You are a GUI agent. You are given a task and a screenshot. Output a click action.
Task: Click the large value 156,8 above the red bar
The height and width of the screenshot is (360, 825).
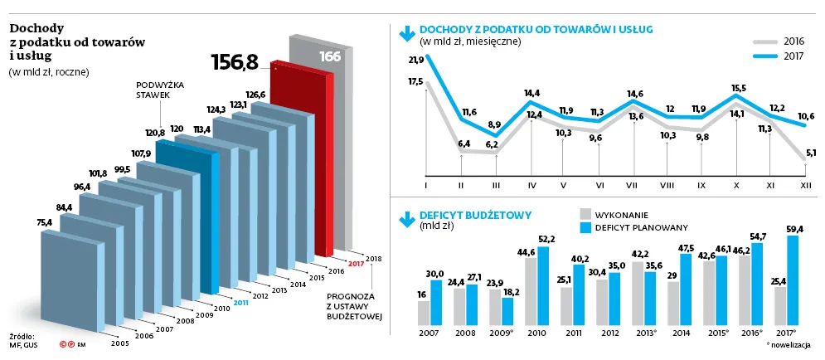tap(235, 62)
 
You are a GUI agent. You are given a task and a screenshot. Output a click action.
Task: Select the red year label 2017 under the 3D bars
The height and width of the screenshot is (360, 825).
tap(357, 264)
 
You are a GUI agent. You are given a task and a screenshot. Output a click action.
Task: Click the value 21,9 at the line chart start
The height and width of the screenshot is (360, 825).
tap(416, 60)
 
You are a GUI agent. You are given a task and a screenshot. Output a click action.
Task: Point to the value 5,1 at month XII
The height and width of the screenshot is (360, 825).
tap(811, 152)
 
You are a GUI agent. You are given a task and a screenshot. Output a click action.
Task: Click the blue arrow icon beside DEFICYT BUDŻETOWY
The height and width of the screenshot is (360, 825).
tap(406, 218)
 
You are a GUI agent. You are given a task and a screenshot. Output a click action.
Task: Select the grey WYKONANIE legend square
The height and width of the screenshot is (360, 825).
tap(586, 213)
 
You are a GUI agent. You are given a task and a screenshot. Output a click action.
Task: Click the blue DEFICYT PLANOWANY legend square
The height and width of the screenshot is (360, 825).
tap(586, 226)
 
